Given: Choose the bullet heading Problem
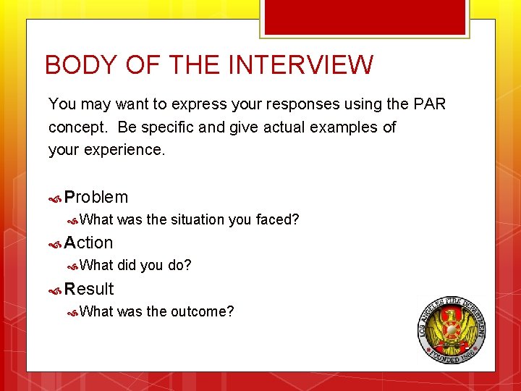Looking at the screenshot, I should coord(96,197).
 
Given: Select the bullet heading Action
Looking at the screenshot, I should coord(88,243).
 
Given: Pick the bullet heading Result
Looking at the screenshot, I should coord(89,289).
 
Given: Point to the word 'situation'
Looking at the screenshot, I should coord(198,219).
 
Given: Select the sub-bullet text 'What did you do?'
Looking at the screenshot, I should coord(135,265).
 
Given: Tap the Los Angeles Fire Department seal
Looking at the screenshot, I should coord(452,329).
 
